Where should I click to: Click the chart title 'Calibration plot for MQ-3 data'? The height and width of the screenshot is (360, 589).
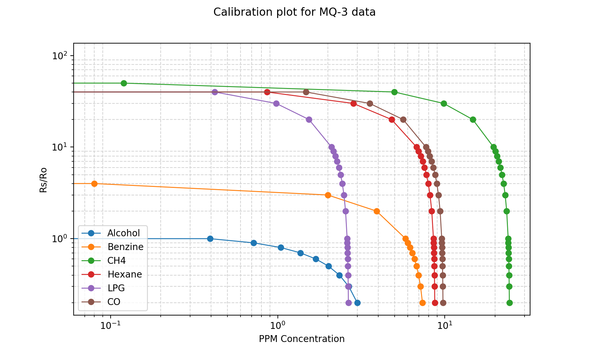(x=294, y=12)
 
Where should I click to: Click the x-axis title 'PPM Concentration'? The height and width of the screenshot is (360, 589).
(x=301, y=339)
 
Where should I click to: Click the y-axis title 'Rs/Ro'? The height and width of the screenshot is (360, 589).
(x=43, y=180)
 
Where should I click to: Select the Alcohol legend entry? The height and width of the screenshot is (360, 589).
(x=123, y=233)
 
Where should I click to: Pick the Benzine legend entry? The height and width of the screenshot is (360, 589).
(x=125, y=247)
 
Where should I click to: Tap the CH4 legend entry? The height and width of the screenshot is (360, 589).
(x=116, y=261)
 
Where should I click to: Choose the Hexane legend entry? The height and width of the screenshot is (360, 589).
(x=124, y=274)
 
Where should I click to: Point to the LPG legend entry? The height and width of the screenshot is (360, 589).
(x=116, y=288)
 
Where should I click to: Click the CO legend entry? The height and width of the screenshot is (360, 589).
(x=114, y=302)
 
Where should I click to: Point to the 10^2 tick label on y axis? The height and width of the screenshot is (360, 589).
(x=59, y=56)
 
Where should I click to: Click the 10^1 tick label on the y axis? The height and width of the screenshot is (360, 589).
(x=59, y=147)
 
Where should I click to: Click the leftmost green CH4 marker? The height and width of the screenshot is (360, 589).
(x=124, y=83)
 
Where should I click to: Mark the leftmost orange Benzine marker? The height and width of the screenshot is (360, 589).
(x=94, y=184)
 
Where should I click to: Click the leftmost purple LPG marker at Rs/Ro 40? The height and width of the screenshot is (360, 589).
(x=215, y=92)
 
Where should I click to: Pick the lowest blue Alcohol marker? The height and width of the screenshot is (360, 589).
(x=357, y=303)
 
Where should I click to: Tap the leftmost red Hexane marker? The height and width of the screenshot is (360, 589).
(x=267, y=92)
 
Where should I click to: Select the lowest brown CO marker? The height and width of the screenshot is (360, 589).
(x=443, y=303)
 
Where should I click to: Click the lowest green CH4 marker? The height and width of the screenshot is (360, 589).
(x=509, y=303)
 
